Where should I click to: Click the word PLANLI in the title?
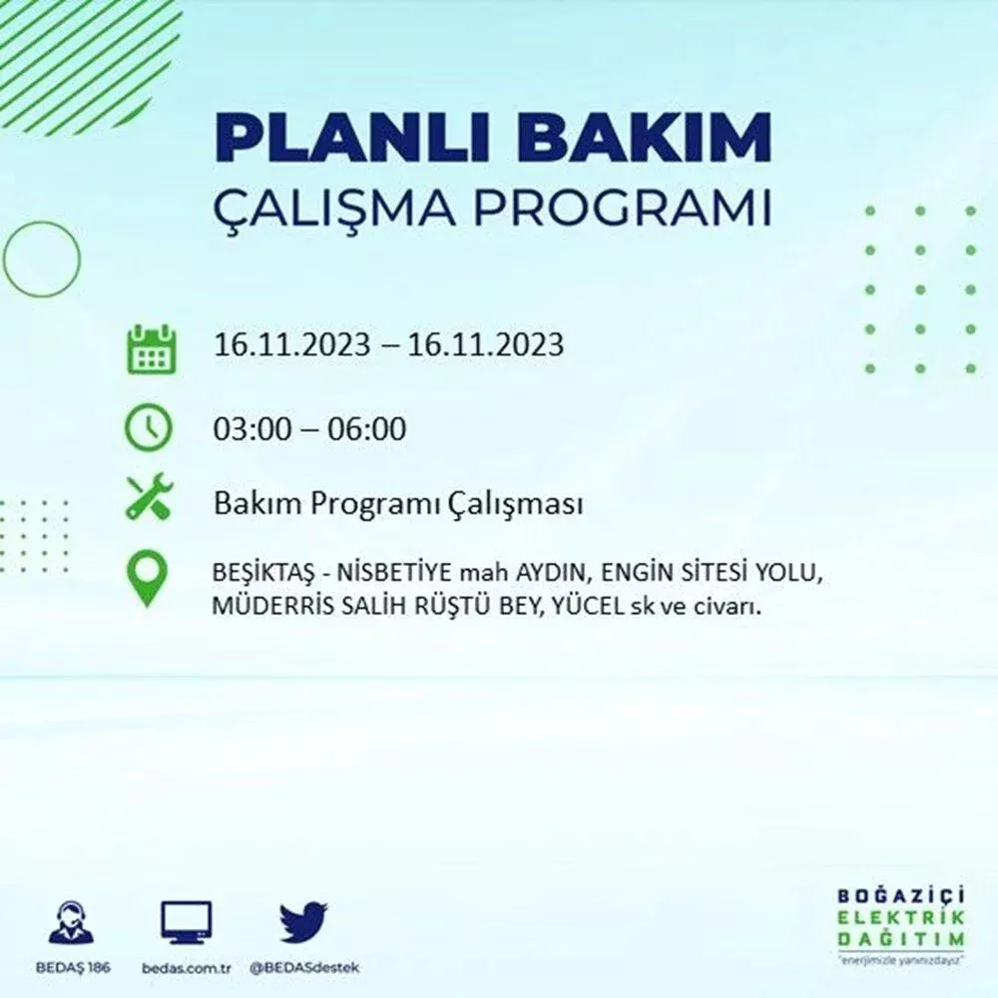coord(351,138)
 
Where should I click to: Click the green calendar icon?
coord(151,348)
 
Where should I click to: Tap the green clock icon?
coord(148,427)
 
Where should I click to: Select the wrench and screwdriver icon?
coord(149,496)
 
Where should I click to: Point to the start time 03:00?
coord(251,428)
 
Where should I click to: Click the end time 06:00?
coord(366,428)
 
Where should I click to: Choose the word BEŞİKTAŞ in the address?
coord(262,574)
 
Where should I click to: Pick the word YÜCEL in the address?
coord(588,606)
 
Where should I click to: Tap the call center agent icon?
coord(71,922)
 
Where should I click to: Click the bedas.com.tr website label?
coord(186,968)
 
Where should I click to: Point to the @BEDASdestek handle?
coord(304,968)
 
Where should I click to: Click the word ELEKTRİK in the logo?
coord(900,917)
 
